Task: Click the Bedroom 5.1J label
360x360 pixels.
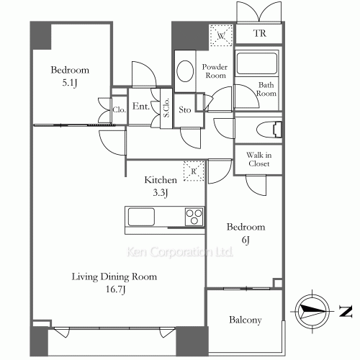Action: [70, 76]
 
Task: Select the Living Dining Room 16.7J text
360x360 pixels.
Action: [104, 282]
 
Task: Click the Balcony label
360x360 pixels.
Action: [245, 320]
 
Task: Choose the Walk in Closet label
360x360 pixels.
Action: [258, 159]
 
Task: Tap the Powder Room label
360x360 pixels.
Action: [214, 71]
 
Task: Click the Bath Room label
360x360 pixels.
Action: [267, 89]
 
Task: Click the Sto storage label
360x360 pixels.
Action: [184, 110]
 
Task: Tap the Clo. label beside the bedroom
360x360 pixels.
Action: [119, 110]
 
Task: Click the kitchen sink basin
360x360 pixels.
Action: [140, 216]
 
